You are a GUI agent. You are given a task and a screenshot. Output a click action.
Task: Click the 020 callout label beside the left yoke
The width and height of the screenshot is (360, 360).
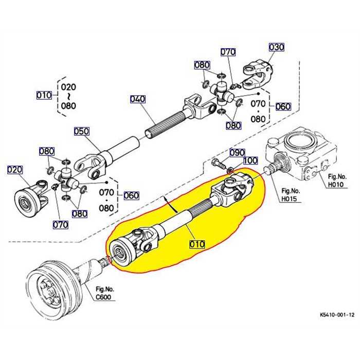click(15, 169)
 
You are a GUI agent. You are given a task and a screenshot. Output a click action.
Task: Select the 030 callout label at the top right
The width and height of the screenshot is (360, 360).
click(276, 47)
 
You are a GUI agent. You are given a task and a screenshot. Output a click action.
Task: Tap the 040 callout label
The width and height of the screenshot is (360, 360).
click(137, 99)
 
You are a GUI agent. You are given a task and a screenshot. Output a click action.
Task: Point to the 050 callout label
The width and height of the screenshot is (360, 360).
click(81, 131)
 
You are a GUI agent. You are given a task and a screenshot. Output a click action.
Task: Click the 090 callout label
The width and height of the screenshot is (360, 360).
click(237, 153)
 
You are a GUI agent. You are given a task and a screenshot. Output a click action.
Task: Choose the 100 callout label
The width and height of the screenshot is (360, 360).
click(250, 161)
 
